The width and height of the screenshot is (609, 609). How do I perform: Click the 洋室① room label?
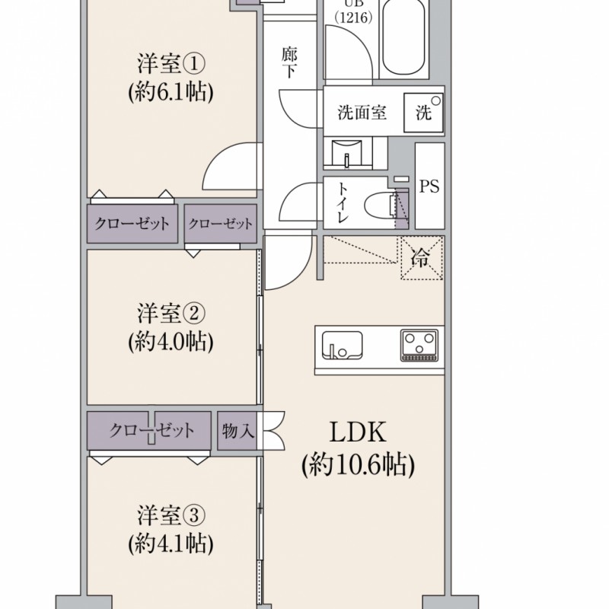(x=171, y=64)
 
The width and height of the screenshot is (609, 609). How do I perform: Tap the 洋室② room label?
(x=171, y=314)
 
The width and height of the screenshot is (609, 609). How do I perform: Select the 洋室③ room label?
(x=171, y=515)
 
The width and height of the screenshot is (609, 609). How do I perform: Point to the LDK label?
(x=358, y=432)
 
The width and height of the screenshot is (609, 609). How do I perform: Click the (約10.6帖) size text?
(x=358, y=464)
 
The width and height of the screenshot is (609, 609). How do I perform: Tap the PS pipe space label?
(x=429, y=186)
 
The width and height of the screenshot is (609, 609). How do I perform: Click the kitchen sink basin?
(x=342, y=346)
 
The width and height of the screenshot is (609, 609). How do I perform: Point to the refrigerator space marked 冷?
(x=422, y=257)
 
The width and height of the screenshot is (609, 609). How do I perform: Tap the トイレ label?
(x=342, y=202)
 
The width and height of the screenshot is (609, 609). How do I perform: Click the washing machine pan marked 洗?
(x=423, y=113)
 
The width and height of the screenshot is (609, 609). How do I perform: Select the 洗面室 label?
(x=362, y=113)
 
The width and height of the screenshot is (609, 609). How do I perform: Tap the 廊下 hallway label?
(x=289, y=62)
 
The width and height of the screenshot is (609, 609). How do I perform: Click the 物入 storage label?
(x=238, y=430)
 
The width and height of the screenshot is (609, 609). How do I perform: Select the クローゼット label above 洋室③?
(x=151, y=430)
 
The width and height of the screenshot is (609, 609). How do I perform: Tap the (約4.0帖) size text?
(x=171, y=341)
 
